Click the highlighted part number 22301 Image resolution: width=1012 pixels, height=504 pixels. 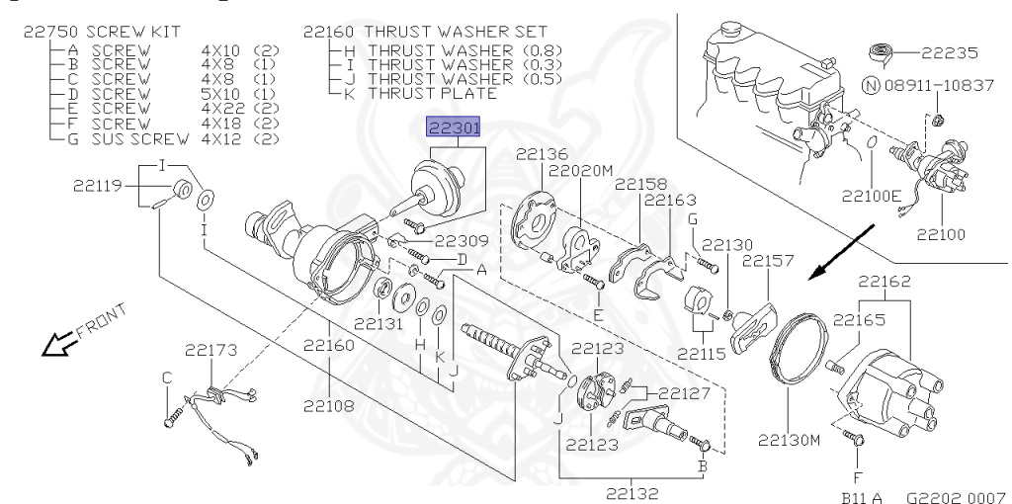pyautogui.click(x=455, y=128)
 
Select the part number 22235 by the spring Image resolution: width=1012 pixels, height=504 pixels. pyautogui.click(x=950, y=53)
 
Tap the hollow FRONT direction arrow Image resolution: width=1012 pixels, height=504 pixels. pyautogui.click(x=56, y=343)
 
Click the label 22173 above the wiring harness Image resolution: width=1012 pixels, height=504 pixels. pyautogui.click(x=211, y=350)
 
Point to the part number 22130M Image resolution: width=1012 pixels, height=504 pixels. pyautogui.click(x=789, y=440)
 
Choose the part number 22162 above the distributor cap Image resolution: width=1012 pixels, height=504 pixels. pyautogui.click(x=885, y=282)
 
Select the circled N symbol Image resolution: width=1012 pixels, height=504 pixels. pyautogui.click(x=872, y=85)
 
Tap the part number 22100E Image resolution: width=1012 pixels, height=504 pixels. pyautogui.click(x=871, y=195)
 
